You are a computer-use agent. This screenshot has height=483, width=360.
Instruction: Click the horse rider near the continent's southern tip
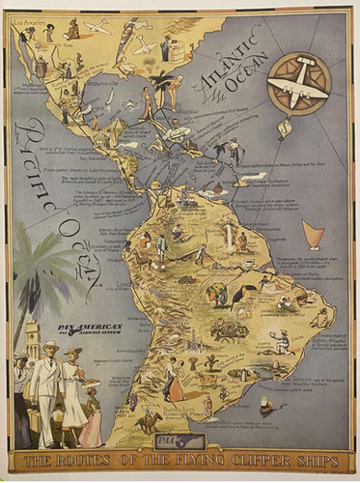[x=149, y=421]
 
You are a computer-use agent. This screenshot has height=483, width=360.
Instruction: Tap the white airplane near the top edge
[x=97, y=26]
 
